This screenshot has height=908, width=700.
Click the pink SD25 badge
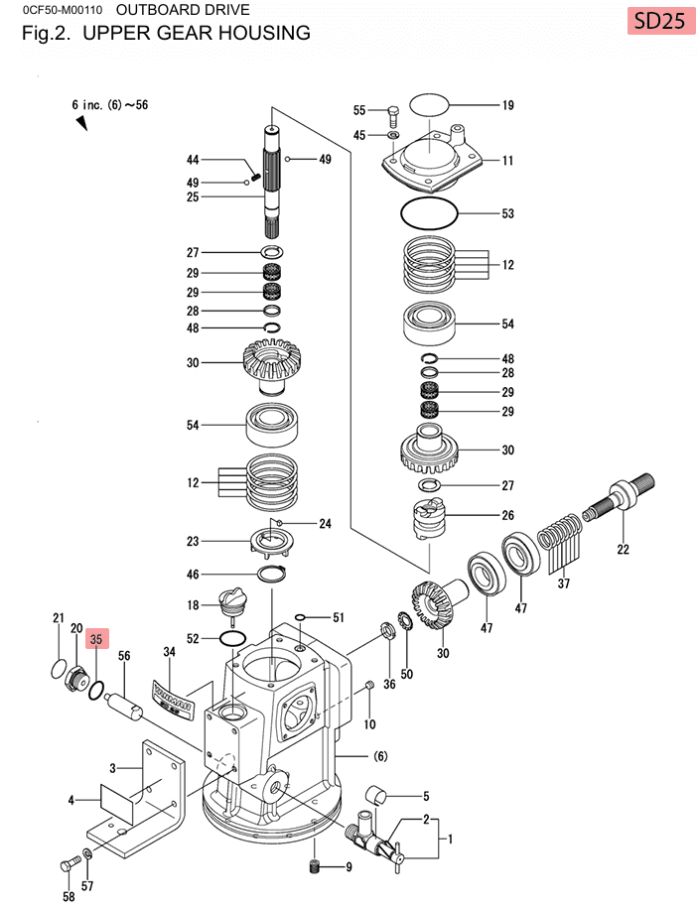click(659, 21)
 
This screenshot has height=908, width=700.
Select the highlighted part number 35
click(96, 640)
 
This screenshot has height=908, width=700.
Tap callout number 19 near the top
click(507, 104)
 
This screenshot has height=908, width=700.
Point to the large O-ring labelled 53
click(429, 213)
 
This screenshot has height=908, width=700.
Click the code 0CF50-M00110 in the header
click(57, 11)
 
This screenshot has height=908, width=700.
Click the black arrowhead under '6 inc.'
click(80, 123)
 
